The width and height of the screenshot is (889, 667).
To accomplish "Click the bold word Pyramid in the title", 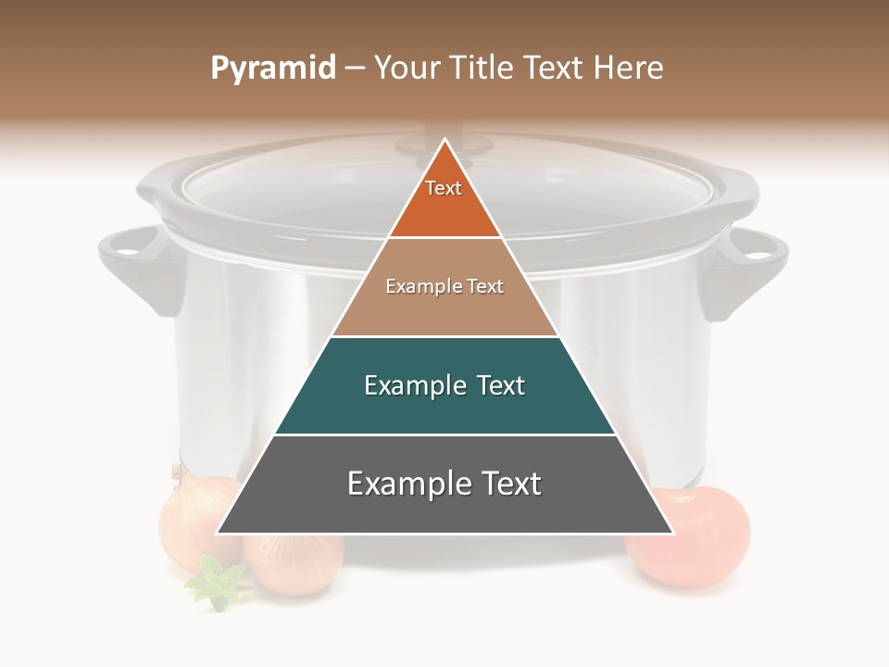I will pos(272,69).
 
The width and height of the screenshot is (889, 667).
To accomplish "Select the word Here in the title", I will pos(629,69).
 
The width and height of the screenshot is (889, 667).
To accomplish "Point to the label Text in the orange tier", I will pos(444,188).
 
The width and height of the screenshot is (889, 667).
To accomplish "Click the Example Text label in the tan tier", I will pos(444,286).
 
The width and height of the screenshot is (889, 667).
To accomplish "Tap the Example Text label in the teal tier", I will pos(444,385).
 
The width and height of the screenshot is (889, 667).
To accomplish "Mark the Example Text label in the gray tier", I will pos(444,484).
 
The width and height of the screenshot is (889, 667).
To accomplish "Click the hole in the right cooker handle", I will pos(758,245).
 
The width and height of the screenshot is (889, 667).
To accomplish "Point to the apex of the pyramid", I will pos(444,142).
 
